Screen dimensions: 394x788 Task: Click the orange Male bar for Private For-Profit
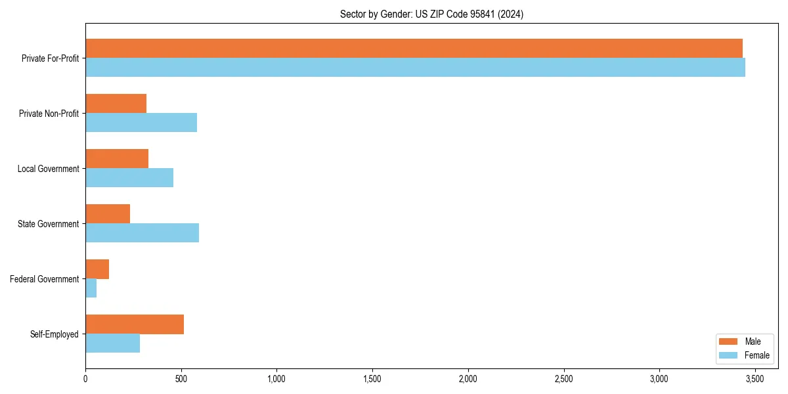pyautogui.click(x=414, y=49)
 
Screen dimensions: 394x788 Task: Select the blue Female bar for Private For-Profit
pyautogui.click(x=415, y=68)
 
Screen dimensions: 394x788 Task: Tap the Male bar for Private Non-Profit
pyautogui.click(x=116, y=104)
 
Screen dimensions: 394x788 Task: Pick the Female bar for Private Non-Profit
pyautogui.click(x=141, y=123)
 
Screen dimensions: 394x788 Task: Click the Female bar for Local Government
pyautogui.click(x=129, y=178)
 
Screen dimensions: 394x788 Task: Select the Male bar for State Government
pyautogui.click(x=108, y=214)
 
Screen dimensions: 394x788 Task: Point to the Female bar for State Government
pyautogui.click(x=142, y=233)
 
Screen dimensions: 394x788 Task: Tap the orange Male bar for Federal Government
pyautogui.click(x=97, y=269)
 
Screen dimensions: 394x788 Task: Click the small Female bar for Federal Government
pyautogui.click(x=91, y=288)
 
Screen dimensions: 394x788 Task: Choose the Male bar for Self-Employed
pyautogui.click(x=135, y=324)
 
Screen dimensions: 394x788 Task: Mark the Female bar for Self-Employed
pyautogui.click(x=112, y=343)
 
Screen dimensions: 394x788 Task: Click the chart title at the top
pyautogui.click(x=431, y=14)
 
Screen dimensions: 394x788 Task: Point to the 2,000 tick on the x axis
pyautogui.click(x=468, y=379)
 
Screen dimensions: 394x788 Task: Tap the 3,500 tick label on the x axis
pyautogui.click(x=755, y=379)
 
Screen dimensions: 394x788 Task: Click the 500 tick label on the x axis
pyautogui.click(x=181, y=379)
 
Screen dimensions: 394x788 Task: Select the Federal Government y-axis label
pyautogui.click(x=45, y=279)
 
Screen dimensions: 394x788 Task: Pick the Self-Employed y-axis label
pyautogui.click(x=55, y=334)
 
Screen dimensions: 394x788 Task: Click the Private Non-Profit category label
pyautogui.click(x=49, y=114)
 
